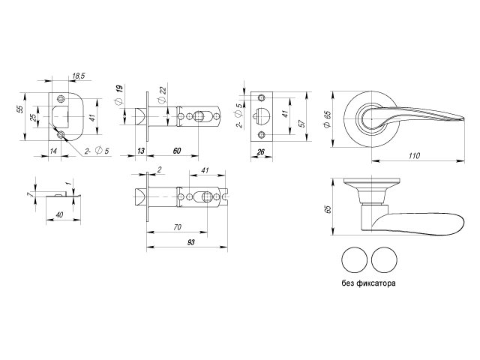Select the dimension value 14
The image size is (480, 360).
(54, 151)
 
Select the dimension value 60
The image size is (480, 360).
(177, 151)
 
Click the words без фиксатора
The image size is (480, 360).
(367, 285)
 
